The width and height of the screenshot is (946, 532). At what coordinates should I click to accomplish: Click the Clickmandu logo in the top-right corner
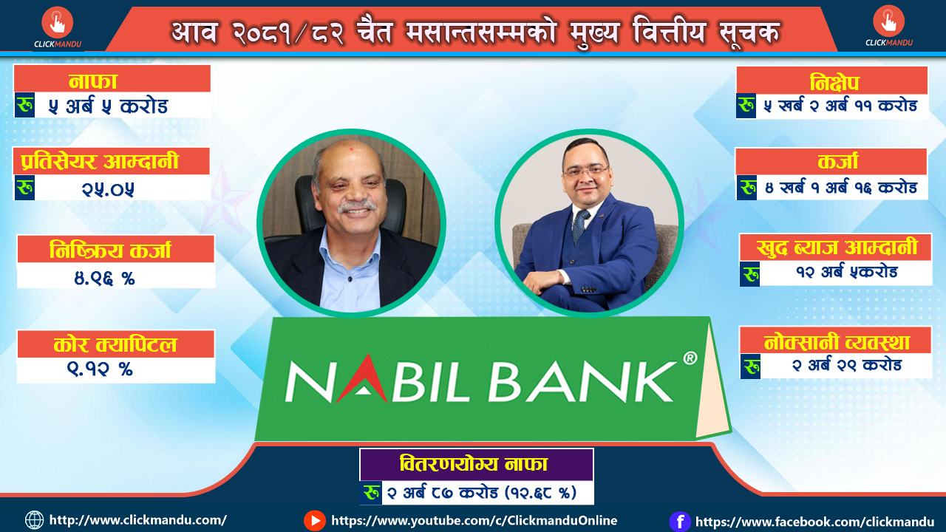[x=888, y=26]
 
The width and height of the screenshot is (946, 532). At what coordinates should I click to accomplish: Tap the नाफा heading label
[x=93, y=81]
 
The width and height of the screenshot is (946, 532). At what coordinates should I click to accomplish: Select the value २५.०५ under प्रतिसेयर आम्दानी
[x=108, y=188]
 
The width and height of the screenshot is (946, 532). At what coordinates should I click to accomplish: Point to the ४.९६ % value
[x=104, y=278]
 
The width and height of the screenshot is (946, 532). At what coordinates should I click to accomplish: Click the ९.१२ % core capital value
[x=100, y=369]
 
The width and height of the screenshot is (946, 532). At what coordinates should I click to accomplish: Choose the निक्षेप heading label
[x=834, y=82]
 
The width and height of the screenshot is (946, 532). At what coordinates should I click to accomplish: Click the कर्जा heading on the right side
[x=837, y=161]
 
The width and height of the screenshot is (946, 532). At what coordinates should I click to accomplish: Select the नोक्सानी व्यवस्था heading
[x=837, y=341]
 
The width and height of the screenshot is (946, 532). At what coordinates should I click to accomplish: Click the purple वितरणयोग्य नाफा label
[x=474, y=464]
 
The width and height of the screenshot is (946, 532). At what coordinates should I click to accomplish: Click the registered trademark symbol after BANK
[x=690, y=358]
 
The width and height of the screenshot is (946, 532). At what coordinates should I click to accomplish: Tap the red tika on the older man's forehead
[x=350, y=149]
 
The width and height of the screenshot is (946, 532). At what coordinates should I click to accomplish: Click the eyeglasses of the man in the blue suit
[x=586, y=171]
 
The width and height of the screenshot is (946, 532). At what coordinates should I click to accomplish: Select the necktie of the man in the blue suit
[x=581, y=225]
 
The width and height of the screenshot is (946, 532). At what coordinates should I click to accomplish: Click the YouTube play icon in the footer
[x=315, y=521]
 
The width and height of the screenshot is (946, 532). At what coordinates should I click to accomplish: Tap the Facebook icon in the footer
[x=680, y=522]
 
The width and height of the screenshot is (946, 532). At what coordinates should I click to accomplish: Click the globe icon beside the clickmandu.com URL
[x=34, y=520]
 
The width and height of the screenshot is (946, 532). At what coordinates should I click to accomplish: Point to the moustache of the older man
[x=357, y=206]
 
